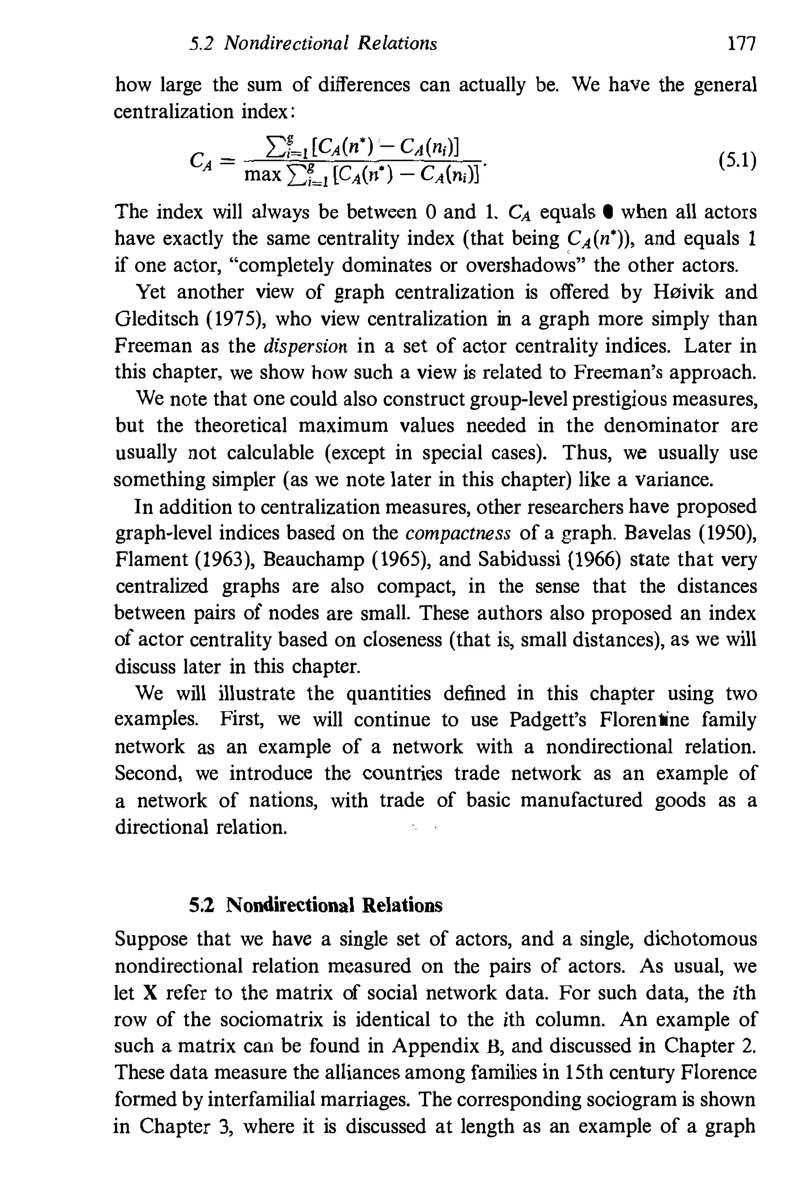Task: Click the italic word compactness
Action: [458, 534]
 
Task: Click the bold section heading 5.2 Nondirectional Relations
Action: [316, 905]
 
